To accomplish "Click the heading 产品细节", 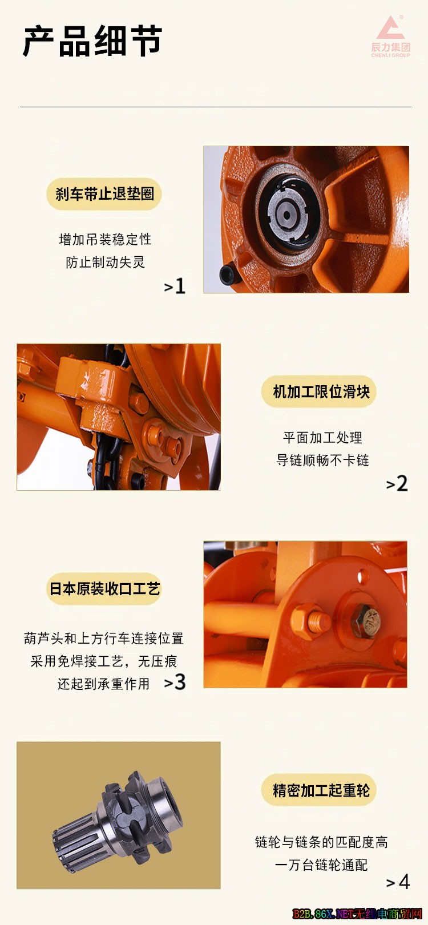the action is (x=92, y=41).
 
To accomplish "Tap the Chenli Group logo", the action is (x=390, y=37).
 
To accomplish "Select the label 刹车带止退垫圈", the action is (x=104, y=193).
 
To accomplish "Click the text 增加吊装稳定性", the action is (x=105, y=239).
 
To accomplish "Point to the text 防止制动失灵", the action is (x=105, y=262).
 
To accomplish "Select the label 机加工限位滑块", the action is (x=321, y=391).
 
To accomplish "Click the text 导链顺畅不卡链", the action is (x=322, y=459).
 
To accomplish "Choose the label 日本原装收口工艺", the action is (x=104, y=588).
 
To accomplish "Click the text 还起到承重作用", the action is (x=103, y=684).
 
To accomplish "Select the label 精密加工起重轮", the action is (x=321, y=790).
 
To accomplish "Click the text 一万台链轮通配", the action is (x=321, y=865).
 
